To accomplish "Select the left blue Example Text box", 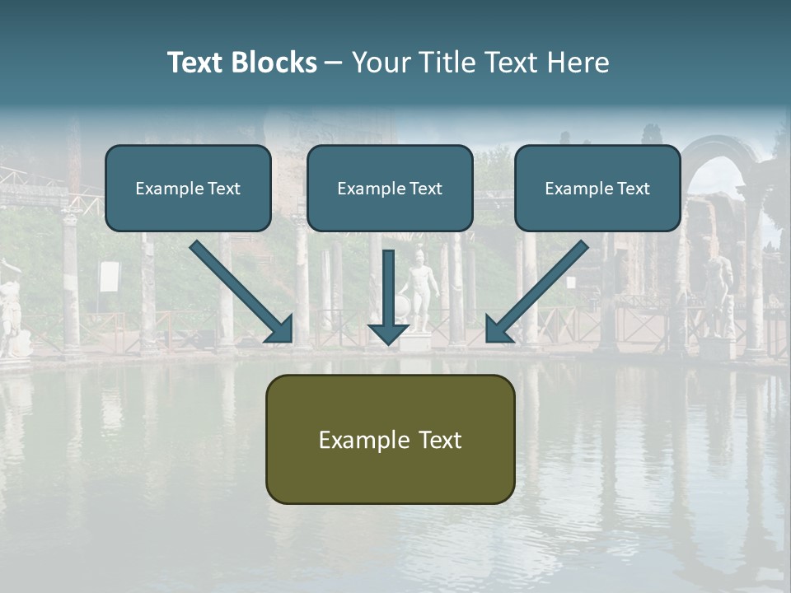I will tap(188, 188).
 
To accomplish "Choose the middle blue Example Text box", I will tap(390, 188).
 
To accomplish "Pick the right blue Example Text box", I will tap(597, 188).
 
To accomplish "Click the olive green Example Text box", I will tap(390, 439).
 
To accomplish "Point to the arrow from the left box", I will tap(241, 292).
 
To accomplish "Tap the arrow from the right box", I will tap(536, 292).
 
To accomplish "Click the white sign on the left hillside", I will tap(110, 277).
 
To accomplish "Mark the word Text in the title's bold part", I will tap(195, 63).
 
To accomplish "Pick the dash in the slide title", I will tap(334, 63).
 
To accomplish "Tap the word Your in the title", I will tap(381, 63).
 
